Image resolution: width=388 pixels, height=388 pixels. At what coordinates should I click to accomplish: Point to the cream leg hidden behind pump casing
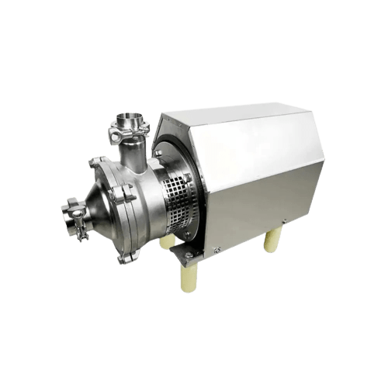165,243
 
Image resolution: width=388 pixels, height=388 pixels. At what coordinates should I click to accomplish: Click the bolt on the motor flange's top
159,154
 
